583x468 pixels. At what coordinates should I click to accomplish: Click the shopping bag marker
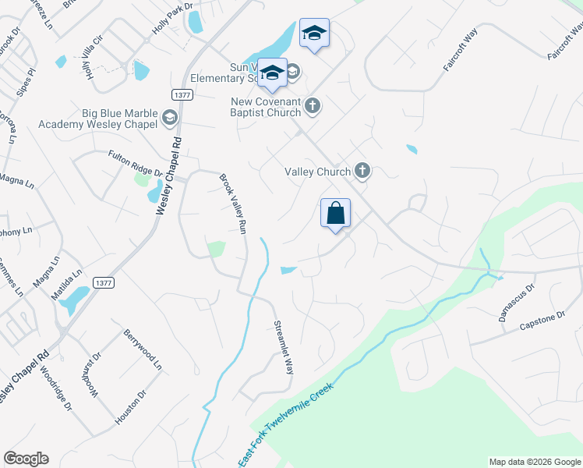[x=335, y=213]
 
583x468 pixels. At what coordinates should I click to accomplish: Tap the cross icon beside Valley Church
[x=362, y=170]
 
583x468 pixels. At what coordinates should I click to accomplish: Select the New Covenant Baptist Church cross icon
[x=312, y=105]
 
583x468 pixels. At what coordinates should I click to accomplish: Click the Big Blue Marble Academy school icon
[x=169, y=119]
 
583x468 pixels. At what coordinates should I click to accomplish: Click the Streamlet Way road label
[x=283, y=347]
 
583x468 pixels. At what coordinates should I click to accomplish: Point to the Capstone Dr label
[x=542, y=320]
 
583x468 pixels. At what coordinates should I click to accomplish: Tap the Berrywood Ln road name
[x=143, y=349]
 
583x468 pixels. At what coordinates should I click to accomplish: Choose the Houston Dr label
[x=131, y=406]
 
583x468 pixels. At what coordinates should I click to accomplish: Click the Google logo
[x=26, y=459]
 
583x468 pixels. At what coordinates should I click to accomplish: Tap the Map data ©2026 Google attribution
[x=534, y=462]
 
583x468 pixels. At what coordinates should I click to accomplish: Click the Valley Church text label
[x=318, y=171]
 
